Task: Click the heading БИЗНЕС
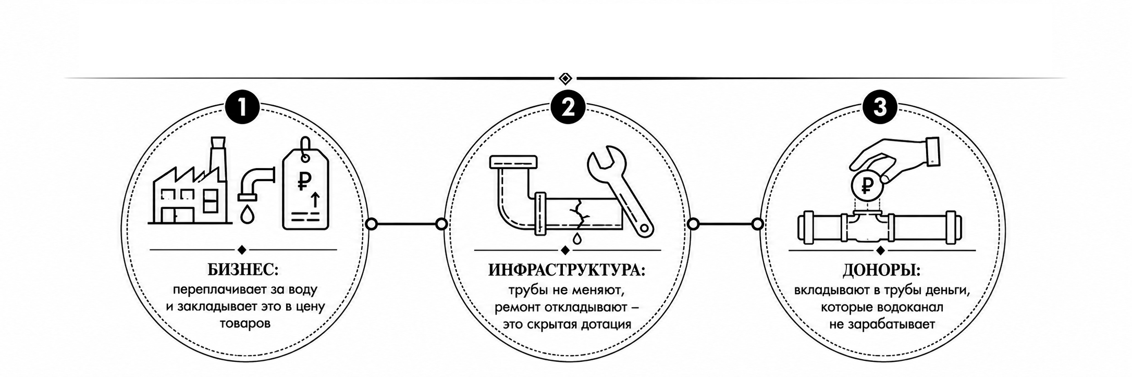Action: click(243, 269)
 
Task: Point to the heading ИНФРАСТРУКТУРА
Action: click(567, 270)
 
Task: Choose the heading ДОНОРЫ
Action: click(881, 270)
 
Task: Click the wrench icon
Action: click(620, 191)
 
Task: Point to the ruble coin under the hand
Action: click(866, 185)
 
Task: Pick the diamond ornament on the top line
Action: click(565, 79)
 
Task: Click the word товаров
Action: click(245, 323)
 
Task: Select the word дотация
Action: click(605, 324)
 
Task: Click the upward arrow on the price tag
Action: click(314, 199)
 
